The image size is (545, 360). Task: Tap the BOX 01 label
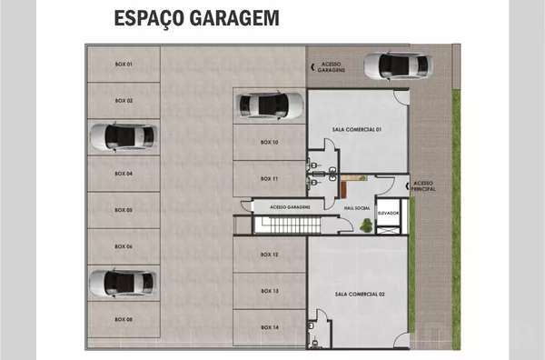[124, 65]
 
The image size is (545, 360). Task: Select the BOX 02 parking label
[124, 100]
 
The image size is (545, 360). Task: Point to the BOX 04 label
[124, 173]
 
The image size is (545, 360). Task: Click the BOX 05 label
[124, 210]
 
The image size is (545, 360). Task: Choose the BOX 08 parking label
[124, 319]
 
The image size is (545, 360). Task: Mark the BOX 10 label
[269, 143]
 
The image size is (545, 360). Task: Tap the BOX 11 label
[269, 178]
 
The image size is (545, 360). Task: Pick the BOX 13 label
[269, 291]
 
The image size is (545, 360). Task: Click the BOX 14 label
[269, 326]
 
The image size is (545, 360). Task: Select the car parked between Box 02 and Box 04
[123, 137]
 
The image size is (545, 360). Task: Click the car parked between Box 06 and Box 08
[123, 283]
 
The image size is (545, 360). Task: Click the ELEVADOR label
[389, 212]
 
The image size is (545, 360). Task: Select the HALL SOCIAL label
[356, 208]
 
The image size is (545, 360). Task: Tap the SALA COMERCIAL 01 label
[357, 130]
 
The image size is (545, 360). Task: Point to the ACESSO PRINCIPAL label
[424, 185]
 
